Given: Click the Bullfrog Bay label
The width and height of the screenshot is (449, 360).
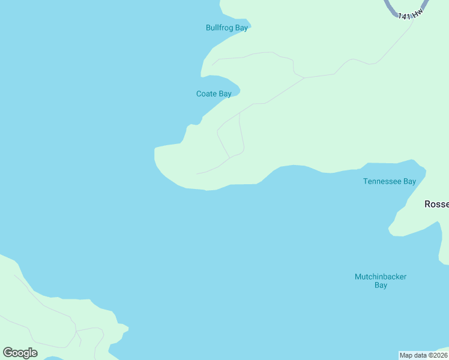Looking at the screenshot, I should pos(226,28).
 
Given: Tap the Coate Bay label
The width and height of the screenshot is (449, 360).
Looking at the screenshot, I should pos(214,94).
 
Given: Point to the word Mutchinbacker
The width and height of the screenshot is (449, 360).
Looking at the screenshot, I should pos(380,277).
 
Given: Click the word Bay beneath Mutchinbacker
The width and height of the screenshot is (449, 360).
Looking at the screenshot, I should pos(381,286).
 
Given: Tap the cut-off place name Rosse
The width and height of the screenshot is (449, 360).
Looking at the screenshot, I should pos(436,204).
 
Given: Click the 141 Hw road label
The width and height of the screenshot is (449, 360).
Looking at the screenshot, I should pos(414,13).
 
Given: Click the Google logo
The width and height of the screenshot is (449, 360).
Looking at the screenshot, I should pos(20,352).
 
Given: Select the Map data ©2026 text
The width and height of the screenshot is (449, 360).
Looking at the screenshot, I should pos(423,355).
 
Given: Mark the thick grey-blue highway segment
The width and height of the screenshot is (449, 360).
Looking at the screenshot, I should pos(391,8).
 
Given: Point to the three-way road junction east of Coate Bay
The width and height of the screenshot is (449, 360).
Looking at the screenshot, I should pos(304,78).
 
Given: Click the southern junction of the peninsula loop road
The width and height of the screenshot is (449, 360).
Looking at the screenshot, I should pos(229,158).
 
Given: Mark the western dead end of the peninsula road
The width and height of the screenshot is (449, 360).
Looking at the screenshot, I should pos(197,173).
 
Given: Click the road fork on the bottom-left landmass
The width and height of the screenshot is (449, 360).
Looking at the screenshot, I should pos(76,331).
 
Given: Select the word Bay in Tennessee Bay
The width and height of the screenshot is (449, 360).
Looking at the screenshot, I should pos(409,181).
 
